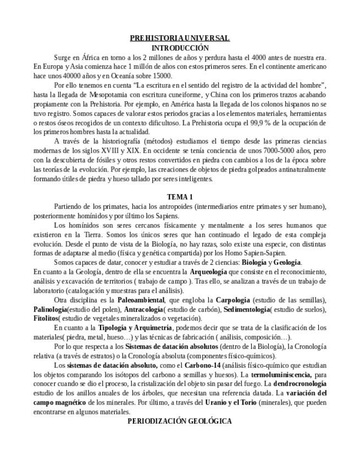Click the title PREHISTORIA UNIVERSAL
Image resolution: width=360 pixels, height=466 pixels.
(x=180, y=38)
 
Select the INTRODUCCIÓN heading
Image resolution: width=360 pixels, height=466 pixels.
(x=180, y=48)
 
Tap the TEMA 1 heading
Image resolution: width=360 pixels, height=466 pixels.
(x=180, y=197)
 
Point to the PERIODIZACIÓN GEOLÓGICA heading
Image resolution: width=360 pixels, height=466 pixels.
(x=180, y=421)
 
